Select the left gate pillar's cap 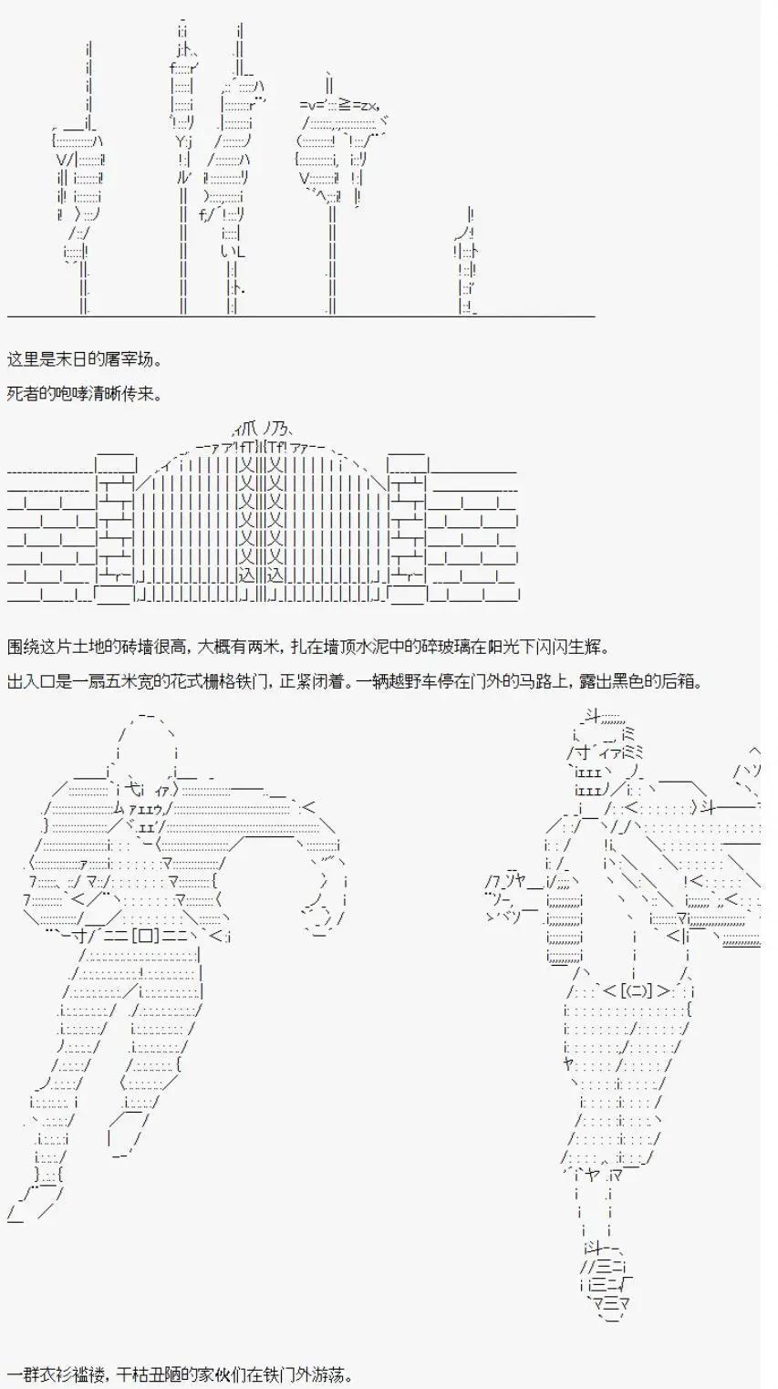pyautogui.click(x=115, y=463)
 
